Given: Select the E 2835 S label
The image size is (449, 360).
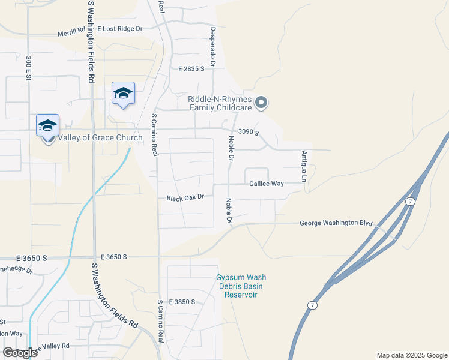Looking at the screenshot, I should pos(191,70).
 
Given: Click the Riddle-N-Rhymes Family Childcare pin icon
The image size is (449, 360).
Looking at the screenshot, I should pos(261,103).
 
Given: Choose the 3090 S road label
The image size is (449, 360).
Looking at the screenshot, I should pos(247,132).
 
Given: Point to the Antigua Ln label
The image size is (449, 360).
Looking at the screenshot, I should pos(304,167).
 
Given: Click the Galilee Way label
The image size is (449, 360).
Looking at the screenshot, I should pos(266,184).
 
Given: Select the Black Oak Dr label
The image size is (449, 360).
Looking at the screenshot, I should pos(185,197).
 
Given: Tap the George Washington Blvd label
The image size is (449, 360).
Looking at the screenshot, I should pos(336,223).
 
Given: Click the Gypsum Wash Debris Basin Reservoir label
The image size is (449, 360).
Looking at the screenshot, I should pos(241,286).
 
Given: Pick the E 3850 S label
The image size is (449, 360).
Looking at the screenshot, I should pos(182,302).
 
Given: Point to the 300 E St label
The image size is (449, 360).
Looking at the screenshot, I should pos(28,68).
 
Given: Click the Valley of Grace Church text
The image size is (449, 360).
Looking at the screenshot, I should pos(100,138).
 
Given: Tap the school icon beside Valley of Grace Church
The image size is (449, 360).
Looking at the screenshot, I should pos(47,126).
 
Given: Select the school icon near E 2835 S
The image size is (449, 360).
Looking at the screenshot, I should pos(123,94).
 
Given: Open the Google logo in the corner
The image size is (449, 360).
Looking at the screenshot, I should pos(20,353).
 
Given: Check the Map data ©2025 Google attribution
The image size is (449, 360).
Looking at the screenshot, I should pos(411,355).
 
